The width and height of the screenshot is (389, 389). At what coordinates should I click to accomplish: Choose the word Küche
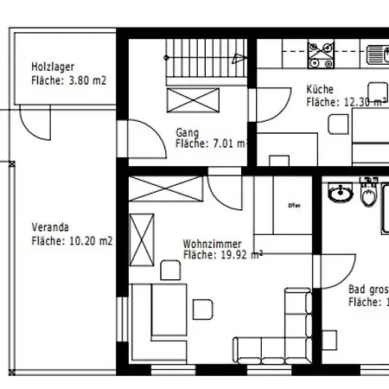click(320, 89)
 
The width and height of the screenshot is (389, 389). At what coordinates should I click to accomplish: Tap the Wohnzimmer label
click(213, 244)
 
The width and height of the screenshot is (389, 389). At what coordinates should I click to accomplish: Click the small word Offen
click(291, 205)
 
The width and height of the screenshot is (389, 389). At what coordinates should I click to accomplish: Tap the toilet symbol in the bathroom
click(369, 196)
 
